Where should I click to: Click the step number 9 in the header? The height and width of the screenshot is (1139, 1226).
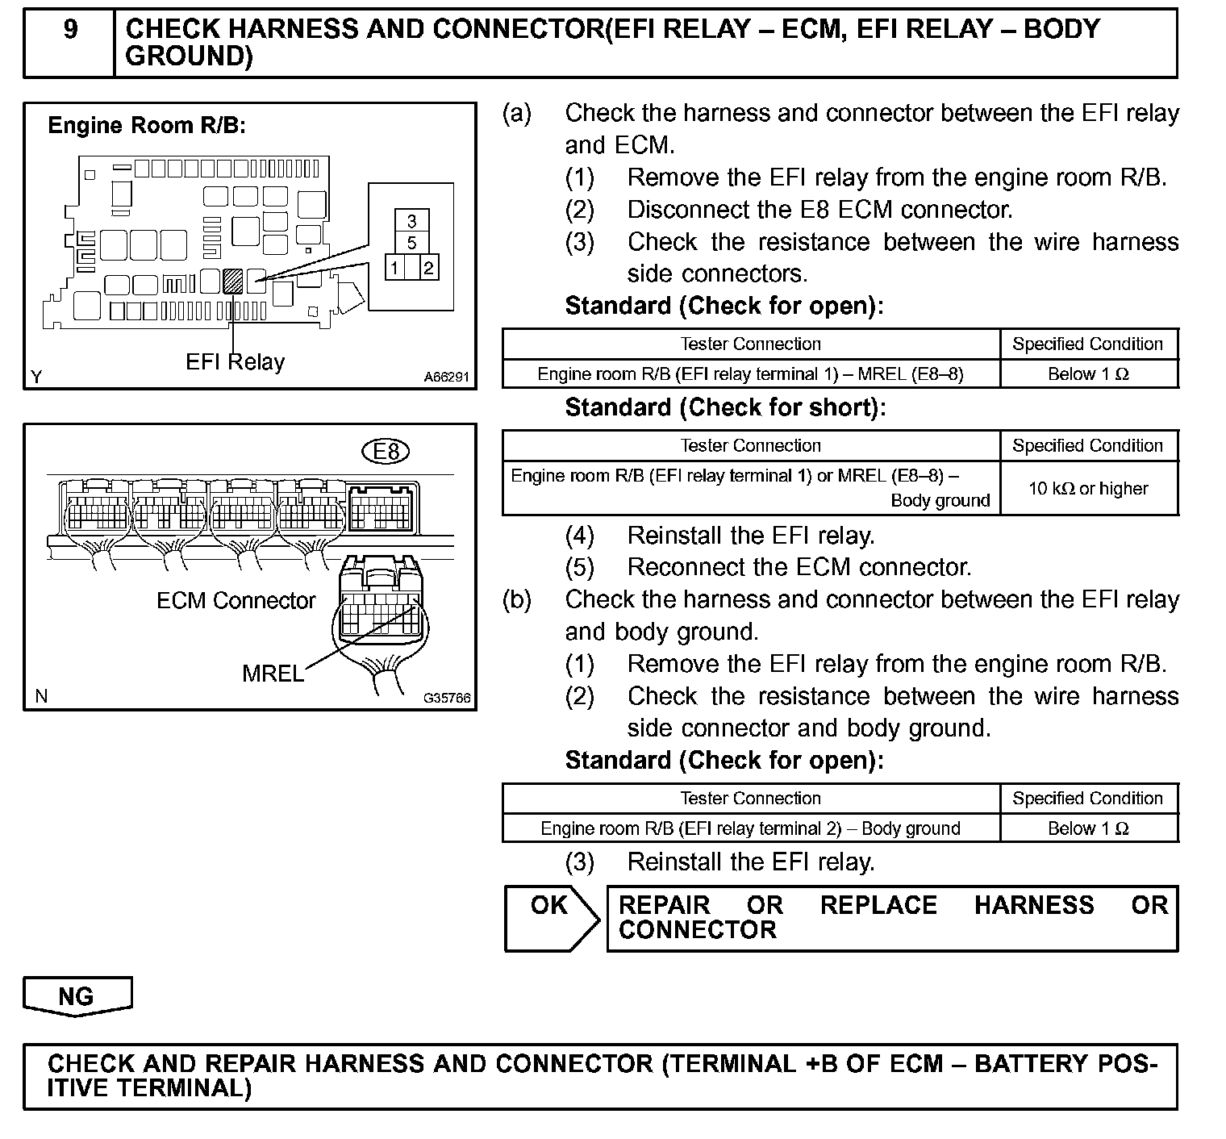click(70, 31)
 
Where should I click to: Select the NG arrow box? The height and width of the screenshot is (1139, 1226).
click(77, 997)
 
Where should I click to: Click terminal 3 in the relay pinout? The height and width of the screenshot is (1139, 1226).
click(412, 221)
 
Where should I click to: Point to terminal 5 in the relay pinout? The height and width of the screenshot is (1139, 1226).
click(412, 244)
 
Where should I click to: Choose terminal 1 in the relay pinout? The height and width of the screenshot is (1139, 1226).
click(395, 268)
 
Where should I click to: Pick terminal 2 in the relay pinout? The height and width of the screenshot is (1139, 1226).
click(429, 268)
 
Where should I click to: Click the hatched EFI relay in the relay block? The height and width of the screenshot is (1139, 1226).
click(232, 280)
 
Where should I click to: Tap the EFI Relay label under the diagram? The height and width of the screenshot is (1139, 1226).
click(235, 362)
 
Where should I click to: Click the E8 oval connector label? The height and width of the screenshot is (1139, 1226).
click(386, 452)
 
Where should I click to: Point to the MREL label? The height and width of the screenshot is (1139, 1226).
click(273, 674)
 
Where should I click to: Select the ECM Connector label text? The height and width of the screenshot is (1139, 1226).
click(236, 601)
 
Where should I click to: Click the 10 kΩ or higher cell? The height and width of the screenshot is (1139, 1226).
click(1088, 489)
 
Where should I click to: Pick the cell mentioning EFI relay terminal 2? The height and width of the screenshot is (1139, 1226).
click(750, 828)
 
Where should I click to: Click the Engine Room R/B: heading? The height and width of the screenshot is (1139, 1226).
click(147, 126)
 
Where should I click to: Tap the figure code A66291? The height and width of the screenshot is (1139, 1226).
click(446, 377)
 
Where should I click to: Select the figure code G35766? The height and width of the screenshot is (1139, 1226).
click(447, 699)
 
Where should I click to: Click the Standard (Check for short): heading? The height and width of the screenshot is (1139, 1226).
click(725, 408)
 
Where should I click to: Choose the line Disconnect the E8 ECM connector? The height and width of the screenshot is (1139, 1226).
click(819, 210)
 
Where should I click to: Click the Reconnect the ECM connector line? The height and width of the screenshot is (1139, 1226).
click(799, 567)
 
